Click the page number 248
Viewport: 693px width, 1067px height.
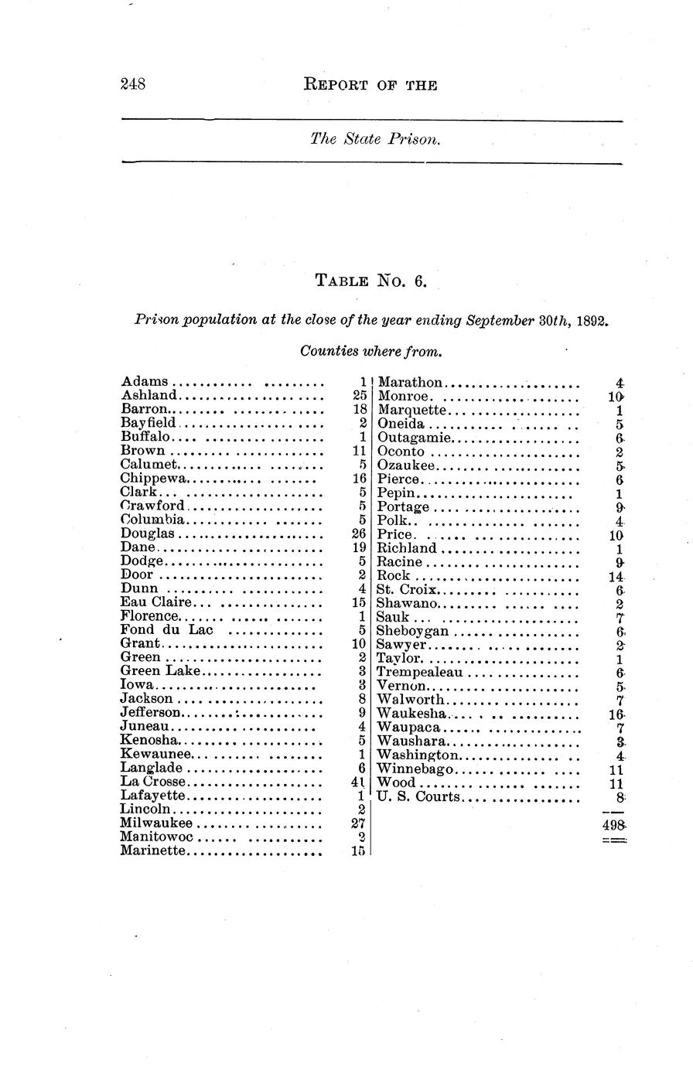134,84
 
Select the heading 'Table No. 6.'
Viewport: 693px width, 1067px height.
370,281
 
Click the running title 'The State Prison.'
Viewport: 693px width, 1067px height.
375,140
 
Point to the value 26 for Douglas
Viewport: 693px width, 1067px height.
358,534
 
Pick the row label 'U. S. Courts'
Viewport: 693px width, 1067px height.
418,797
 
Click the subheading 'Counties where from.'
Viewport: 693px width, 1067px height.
370,352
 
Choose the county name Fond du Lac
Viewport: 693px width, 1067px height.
166,630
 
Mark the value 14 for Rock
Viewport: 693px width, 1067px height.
616,577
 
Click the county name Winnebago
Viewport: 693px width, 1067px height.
415,770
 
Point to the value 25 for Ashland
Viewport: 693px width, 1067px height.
358,395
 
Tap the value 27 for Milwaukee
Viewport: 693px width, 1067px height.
358,823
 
